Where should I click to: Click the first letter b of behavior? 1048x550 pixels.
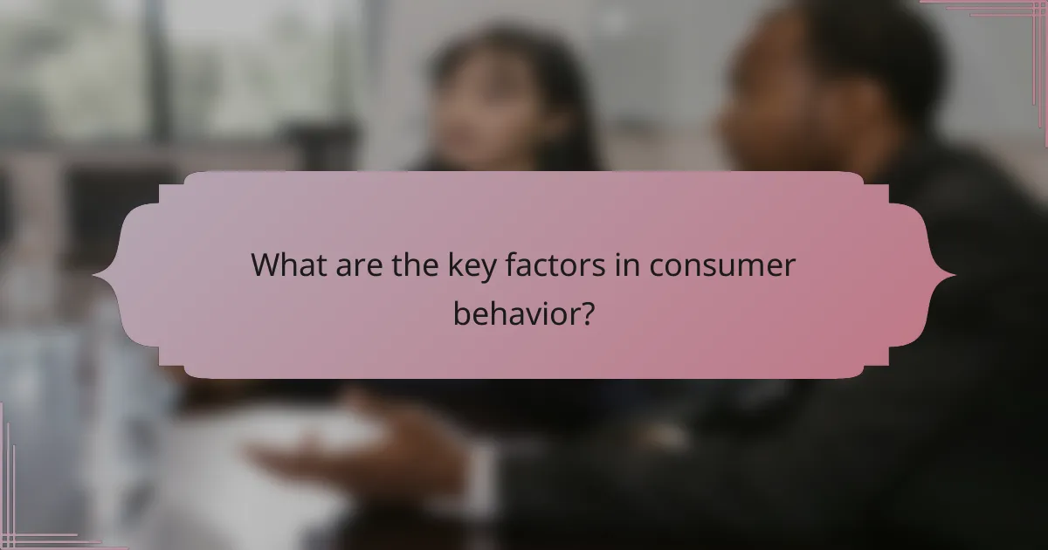pyautogui.click(x=460, y=312)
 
